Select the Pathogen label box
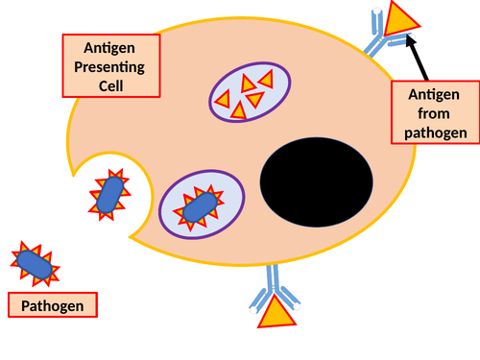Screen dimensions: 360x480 (53, 307)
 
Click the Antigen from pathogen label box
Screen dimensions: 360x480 (435, 111)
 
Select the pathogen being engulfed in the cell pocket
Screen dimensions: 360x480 (108, 193)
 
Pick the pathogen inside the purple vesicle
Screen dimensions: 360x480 (199, 206)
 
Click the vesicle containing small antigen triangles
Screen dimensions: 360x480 (249, 93)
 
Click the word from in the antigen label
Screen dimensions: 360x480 (435, 111)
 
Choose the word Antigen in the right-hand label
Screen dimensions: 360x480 (435, 93)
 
